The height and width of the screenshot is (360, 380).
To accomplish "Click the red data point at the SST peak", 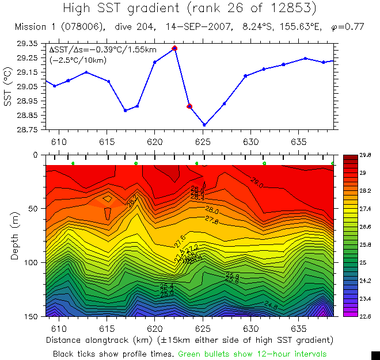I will [x=174, y=48].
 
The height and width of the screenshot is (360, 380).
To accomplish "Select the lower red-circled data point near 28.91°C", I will [x=189, y=106].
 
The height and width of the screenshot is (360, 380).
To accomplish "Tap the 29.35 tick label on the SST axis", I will [x=28, y=44].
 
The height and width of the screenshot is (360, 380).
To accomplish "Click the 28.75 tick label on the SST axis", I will [x=28, y=129].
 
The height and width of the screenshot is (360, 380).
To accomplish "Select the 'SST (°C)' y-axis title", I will [x=7, y=86].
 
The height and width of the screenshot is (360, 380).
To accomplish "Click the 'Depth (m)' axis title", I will [x=15, y=236].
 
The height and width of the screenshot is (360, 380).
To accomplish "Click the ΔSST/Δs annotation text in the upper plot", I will [x=102, y=50].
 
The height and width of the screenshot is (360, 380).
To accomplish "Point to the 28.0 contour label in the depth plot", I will [x=211, y=210].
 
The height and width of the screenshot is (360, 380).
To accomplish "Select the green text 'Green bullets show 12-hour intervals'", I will [x=252, y=353].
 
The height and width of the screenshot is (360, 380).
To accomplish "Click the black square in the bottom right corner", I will [x=375, y=355].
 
